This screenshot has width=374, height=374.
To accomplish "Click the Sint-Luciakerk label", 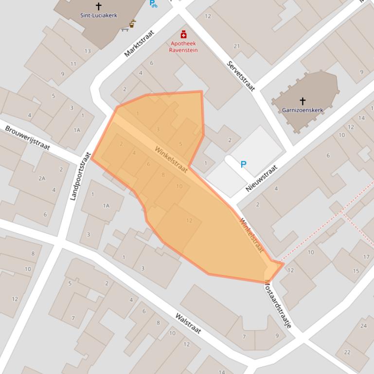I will pyautogui.click(x=99, y=16).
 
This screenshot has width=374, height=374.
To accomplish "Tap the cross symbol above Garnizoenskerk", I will pyautogui.click(x=303, y=101).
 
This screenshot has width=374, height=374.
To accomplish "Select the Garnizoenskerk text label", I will pyautogui.click(x=303, y=110).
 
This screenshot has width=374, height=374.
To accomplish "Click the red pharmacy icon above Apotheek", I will pyautogui.click(x=183, y=34).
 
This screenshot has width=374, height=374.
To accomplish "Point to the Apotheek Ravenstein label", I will pyautogui.click(x=183, y=47).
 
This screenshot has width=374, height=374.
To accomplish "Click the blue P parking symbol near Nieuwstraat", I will pyautogui.click(x=243, y=165).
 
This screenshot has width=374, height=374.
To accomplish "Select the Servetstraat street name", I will pyautogui.click(x=241, y=76).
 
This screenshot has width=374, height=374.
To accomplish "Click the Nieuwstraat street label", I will pyautogui.click(x=262, y=178).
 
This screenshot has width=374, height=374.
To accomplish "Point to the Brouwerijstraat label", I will pyautogui.click(x=28, y=137).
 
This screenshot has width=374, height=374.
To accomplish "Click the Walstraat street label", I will pyautogui.click(x=188, y=323).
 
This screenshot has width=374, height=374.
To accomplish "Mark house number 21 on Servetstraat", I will pyautogui.click(x=236, y=46).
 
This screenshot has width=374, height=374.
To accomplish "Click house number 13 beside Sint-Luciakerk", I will pyautogui.click(x=88, y=51).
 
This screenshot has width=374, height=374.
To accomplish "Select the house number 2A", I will pyautogui.click(x=42, y=178).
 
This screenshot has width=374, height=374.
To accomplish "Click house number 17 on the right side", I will pyautogui.click(x=366, y=256).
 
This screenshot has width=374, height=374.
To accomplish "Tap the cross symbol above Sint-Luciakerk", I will pyautogui.click(x=99, y=6).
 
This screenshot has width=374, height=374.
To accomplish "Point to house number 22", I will pyautogui.click(x=347, y=352).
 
